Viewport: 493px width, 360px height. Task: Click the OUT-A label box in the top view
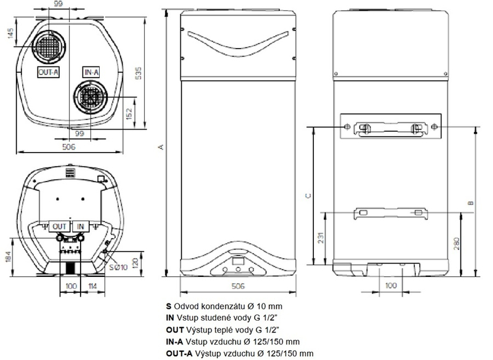47,72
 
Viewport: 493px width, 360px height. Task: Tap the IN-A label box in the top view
91,72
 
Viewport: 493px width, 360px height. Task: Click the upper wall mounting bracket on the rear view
391,128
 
